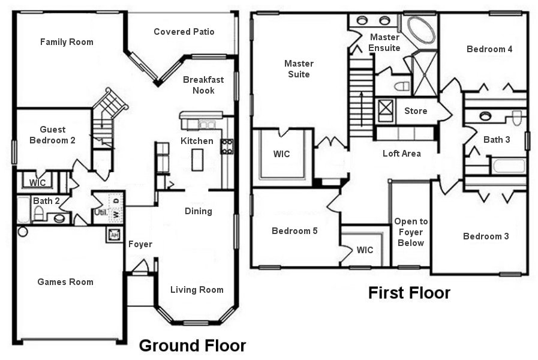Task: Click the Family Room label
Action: (x=67, y=42)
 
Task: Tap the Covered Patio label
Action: (x=184, y=32)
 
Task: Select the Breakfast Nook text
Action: (x=199, y=85)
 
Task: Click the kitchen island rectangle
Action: (x=197, y=160)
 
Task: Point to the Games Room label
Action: (x=65, y=282)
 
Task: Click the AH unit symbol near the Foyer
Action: (x=113, y=235)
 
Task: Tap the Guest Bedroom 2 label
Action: (x=53, y=135)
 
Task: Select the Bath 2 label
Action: (x=46, y=201)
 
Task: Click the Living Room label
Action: (x=197, y=290)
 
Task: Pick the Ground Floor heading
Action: (x=192, y=346)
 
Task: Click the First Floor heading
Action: (x=409, y=293)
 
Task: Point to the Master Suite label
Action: (x=298, y=68)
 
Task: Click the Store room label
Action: (x=416, y=111)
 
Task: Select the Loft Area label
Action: (x=401, y=154)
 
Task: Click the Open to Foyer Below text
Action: (x=411, y=232)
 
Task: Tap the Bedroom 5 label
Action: (x=294, y=231)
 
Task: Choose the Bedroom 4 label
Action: (x=489, y=49)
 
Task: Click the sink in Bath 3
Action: (x=485, y=116)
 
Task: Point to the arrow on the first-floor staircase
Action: (x=361, y=102)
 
